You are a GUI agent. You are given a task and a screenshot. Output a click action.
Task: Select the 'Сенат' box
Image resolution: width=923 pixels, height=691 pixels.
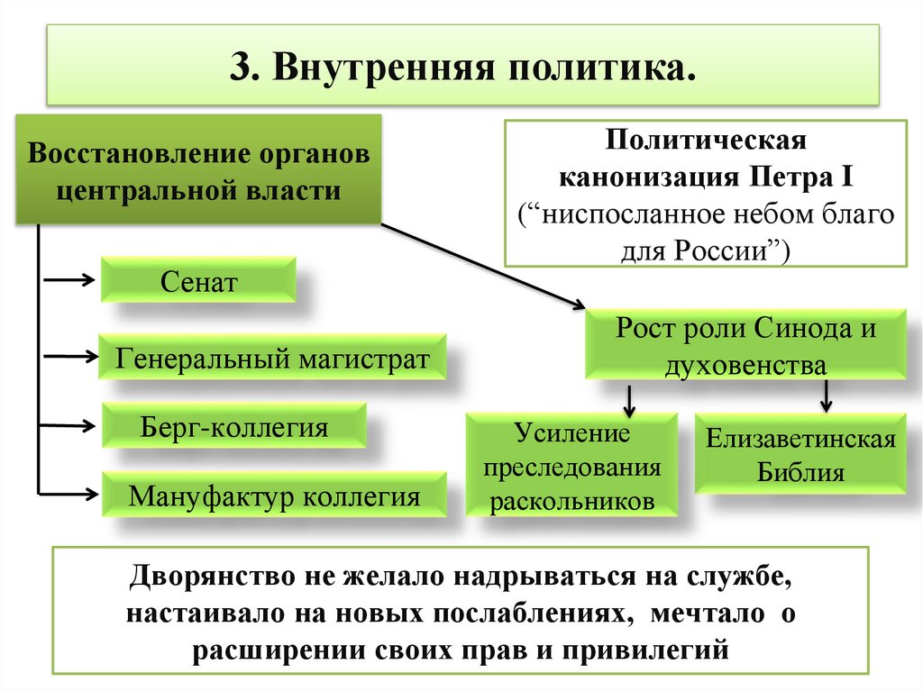click(x=198, y=282)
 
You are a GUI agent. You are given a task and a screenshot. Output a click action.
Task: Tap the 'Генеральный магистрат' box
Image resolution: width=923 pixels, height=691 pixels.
click(x=271, y=360)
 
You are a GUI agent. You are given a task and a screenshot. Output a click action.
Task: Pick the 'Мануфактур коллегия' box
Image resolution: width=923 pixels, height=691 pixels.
click(x=274, y=496)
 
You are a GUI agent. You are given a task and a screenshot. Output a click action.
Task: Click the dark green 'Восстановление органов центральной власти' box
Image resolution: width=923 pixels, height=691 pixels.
click(x=198, y=170)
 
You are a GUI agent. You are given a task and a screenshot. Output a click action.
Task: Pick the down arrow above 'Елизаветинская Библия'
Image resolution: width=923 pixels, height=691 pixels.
click(x=826, y=395)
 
